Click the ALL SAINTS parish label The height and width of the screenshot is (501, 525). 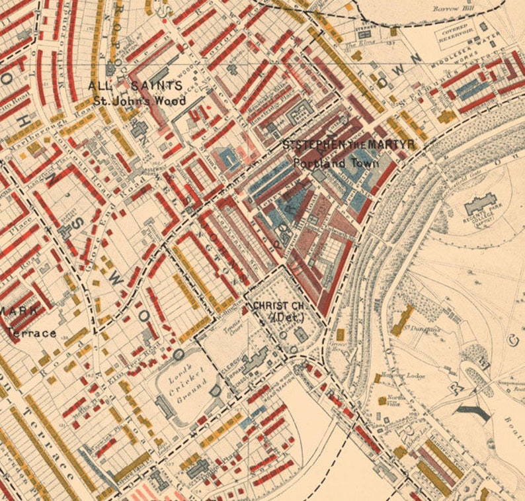136,86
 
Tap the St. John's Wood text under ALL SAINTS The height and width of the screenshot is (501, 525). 139,101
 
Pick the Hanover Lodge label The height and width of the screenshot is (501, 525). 397,375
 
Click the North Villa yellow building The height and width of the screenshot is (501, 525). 382,400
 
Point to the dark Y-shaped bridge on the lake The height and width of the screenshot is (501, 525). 477,414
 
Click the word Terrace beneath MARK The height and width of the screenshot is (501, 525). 32,333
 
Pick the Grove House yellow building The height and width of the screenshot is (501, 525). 341,335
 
